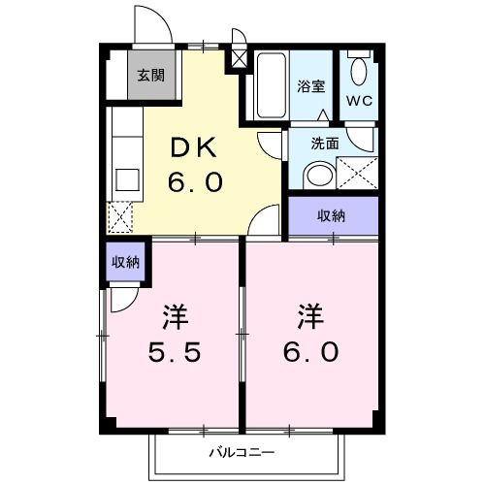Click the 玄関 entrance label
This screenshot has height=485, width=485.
(x=150, y=75)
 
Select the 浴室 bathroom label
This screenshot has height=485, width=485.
(x=310, y=85)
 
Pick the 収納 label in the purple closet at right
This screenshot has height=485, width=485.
(x=332, y=215)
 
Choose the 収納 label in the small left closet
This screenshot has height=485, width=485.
(x=124, y=262)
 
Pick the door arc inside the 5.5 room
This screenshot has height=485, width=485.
(x=122, y=298)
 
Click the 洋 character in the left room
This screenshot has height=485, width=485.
(x=175, y=316)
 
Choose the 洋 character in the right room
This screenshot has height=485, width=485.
(x=309, y=316)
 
